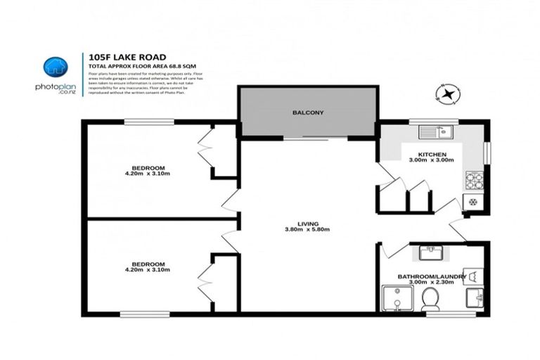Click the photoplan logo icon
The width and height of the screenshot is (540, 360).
[54, 67]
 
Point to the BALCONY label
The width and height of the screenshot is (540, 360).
[308, 112]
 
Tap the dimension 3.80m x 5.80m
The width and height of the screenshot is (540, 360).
[307, 230]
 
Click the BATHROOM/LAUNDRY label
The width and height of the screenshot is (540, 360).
[432, 276]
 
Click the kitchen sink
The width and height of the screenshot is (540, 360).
[437, 131]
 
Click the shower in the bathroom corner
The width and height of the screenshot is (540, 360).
[398, 299]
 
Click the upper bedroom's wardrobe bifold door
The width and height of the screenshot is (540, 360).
[205, 150]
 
